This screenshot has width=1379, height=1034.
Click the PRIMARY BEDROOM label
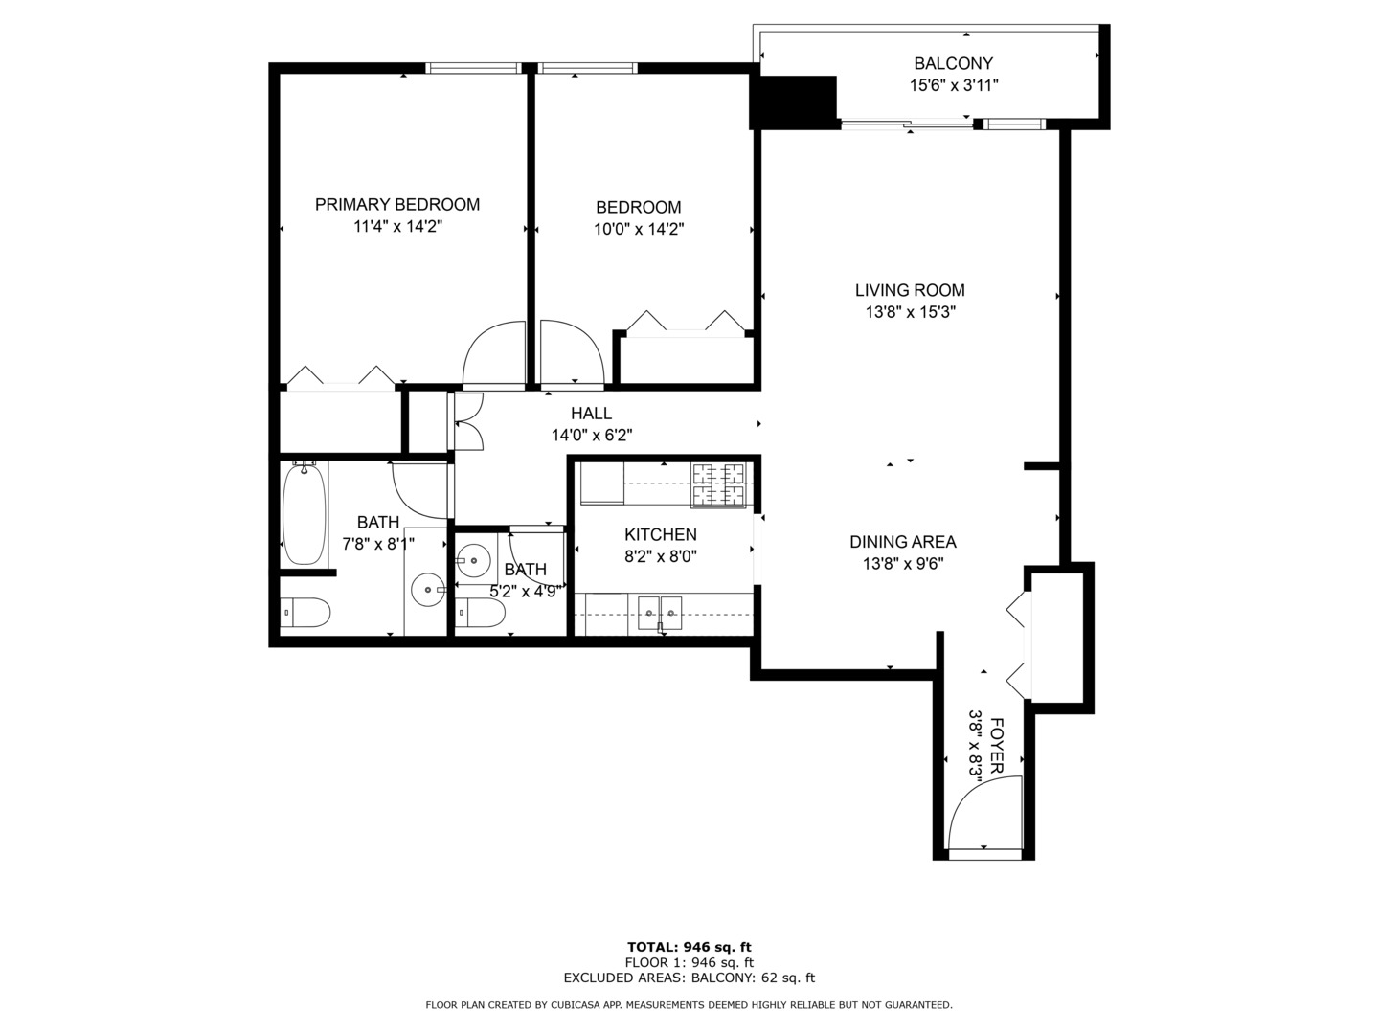click(397, 205)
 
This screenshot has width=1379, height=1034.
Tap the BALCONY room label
click(953, 63)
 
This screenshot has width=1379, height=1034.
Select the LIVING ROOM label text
click(910, 290)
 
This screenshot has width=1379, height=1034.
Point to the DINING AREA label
click(903, 542)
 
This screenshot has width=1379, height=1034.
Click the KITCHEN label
click(660, 535)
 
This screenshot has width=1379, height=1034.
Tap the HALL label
click(591, 414)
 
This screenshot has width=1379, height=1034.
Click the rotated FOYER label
click(996, 745)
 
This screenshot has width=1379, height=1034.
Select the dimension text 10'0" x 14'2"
click(639, 229)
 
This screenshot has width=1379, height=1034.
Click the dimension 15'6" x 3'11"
click(954, 85)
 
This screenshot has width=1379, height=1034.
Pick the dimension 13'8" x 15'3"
click(911, 312)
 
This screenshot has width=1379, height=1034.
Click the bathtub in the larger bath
click(305, 513)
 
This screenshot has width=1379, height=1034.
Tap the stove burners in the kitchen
click(718, 484)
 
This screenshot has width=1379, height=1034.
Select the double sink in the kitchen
click(660, 613)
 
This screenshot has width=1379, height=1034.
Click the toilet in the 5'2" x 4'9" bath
click(480, 613)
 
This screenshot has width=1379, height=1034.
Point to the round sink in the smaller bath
click(473, 561)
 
